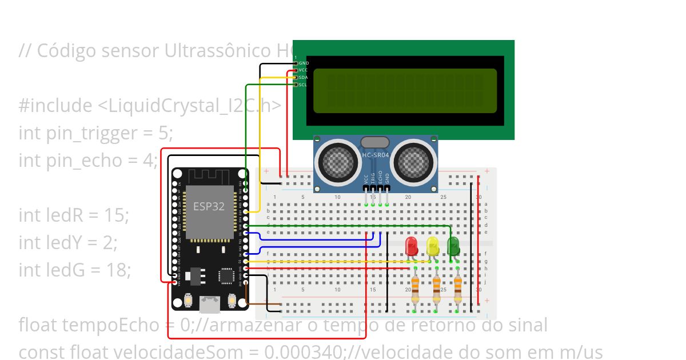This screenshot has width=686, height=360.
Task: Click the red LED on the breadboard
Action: click(x=411, y=246)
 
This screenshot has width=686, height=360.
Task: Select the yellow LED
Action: click(x=433, y=246)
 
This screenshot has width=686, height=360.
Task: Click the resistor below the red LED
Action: click(x=415, y=290)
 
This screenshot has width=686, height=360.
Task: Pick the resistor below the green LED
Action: click(x=458, y=290)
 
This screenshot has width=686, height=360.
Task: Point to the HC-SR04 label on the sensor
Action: click(x=376, y=155)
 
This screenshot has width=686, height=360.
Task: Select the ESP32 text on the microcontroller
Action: click(x=209, y=206)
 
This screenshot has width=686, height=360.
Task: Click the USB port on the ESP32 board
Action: click(x=210, y=303)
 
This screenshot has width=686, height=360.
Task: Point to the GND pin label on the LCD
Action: click(x=304, y=63)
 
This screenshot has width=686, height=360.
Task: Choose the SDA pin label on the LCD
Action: click(x=303, y=77)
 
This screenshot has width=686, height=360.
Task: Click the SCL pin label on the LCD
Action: click(x=303, y=85)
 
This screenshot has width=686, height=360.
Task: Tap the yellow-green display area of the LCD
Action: click(x=405, y=91)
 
